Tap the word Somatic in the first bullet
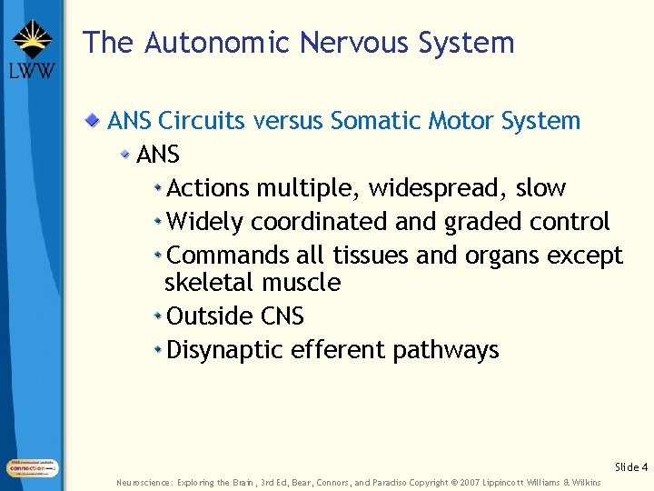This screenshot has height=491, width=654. click(x=372, y=121)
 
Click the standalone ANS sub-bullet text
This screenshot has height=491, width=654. click(x=158, y=155)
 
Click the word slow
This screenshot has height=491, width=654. click(x=540, y=188)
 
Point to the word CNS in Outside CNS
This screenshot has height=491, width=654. click(x=282, y=316)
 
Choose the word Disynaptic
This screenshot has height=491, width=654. click(x=225, y=350)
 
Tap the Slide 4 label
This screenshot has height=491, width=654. click(x=631, y=467)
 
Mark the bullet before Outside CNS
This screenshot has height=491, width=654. click(x=158, y=316)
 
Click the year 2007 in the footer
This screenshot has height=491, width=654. click(x=472, y=482)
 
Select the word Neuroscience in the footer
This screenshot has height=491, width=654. click(x=143, y=482)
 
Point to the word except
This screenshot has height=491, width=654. click(x=585, y=256)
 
